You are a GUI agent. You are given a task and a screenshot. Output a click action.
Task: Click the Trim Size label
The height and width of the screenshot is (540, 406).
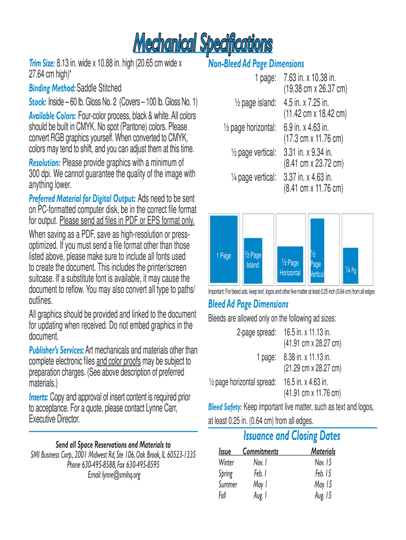42,64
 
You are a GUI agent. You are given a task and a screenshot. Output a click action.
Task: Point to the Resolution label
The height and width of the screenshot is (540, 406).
44,163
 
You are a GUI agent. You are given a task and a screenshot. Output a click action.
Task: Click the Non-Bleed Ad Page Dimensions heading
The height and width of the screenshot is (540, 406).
256,64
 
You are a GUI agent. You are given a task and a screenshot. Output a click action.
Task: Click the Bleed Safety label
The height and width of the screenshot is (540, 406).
225,407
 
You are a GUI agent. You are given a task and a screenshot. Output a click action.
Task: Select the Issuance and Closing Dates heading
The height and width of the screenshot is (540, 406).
292,436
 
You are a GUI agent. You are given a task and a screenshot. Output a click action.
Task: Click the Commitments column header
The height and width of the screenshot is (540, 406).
260,452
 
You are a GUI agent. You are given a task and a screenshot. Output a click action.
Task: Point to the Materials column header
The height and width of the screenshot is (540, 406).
323,452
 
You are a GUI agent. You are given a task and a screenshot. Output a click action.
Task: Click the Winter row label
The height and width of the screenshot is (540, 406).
227,462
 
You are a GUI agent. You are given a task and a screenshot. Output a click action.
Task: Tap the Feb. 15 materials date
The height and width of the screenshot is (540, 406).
323,474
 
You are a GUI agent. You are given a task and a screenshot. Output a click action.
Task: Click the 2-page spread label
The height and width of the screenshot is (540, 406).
256,332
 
